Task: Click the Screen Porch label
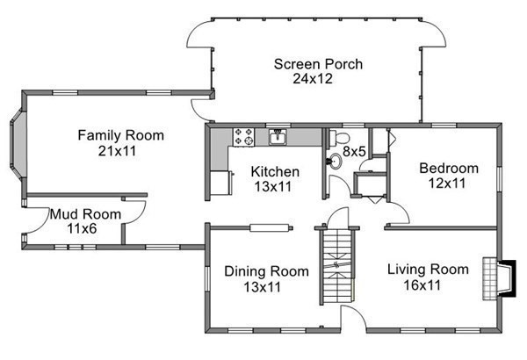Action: click(318, 64)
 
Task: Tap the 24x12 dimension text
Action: click(313, 79)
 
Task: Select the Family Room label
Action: click(121, 135)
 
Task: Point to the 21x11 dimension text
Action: click(118, 151)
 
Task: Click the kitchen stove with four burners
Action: click(243, 137)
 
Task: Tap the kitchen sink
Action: click(278, 137)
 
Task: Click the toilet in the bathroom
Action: click(338, 138)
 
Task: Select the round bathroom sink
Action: click(335, 162)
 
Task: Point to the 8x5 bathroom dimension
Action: click(354, 152)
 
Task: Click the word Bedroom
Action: click(449, 168)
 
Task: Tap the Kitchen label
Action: click(275, 172)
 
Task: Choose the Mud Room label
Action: click(85, 214)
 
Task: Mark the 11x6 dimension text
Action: click(82, 228)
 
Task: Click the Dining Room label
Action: click(266, 271)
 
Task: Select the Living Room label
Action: click(428, 270)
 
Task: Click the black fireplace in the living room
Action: click(508, 278)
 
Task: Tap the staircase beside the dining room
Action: click(336, 264)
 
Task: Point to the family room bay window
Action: click(18, 143)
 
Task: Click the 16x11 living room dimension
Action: click(422, 285)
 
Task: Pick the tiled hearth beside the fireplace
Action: click(490, 278)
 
